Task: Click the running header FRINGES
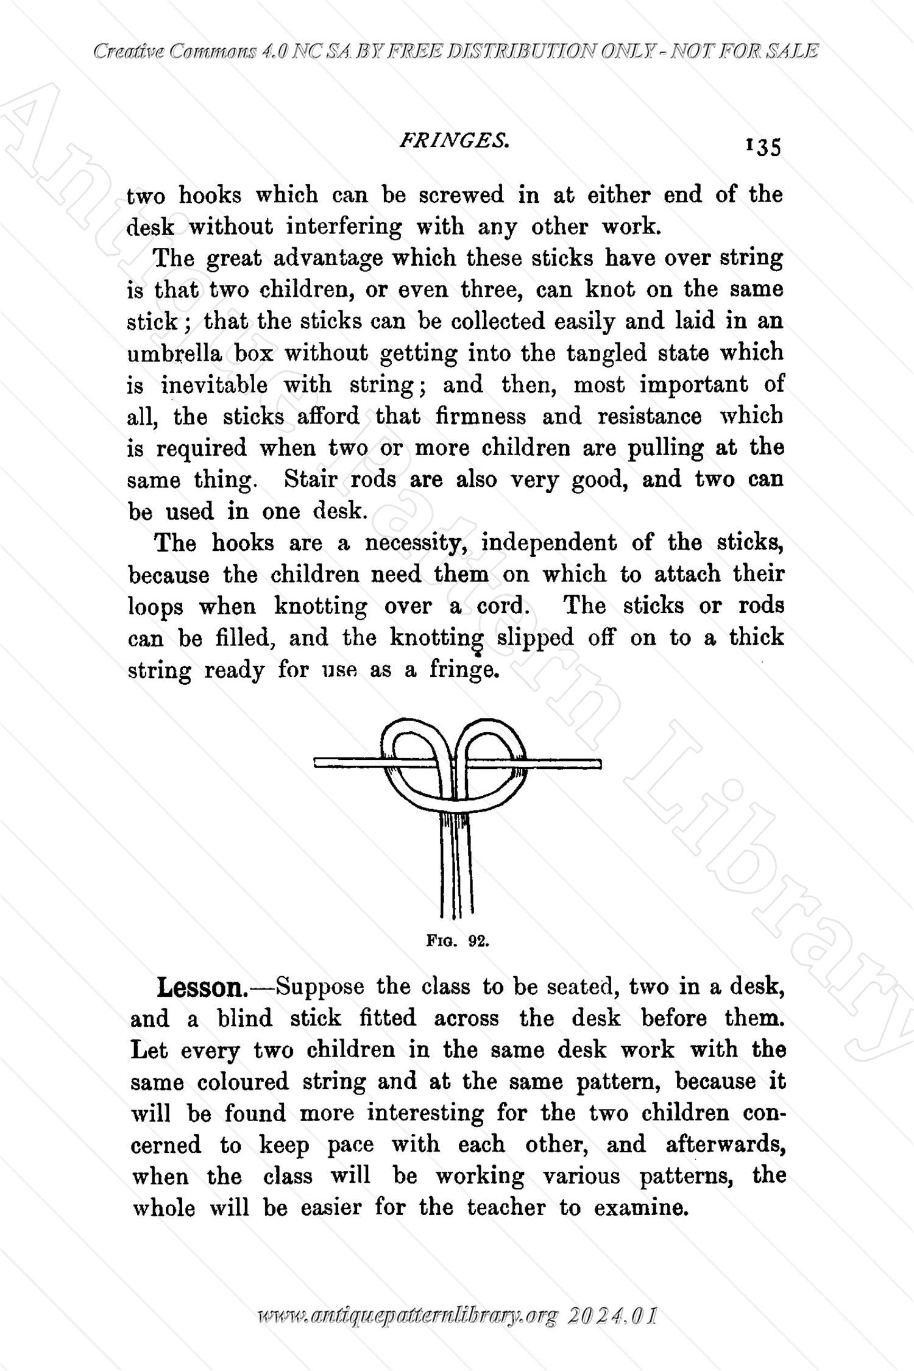[x=454, y=141]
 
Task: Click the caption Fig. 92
[x=458, y=941]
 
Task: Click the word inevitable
[x=214, y=385]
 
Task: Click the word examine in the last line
[x=640, y=1208]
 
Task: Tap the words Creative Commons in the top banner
[x=174, y=52]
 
